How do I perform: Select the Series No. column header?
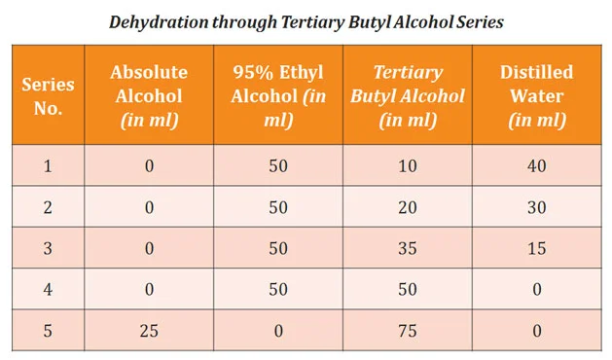(48, 95)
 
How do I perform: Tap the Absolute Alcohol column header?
(149, 95)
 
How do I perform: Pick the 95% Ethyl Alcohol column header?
(279, 95)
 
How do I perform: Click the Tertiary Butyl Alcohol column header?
(407, 95)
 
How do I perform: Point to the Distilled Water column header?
(536, 95)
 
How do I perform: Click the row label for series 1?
(48, 166)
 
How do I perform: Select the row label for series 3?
(48, 248)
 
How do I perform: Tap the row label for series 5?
(48, 331)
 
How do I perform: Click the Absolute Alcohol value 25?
(149, 331)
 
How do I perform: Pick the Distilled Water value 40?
(536, 166)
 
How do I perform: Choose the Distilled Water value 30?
(536, 207)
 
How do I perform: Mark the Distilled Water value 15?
(536, 248)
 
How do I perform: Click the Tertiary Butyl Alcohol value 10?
(407, 166)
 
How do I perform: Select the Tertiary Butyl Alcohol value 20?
(407, 207)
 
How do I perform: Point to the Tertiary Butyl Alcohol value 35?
(407, 248)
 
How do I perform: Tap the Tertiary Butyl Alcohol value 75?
(407, 331)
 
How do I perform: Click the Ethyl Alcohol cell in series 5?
(279, 331)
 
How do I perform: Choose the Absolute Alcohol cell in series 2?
(149, 207)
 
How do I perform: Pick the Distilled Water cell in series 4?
(536, 290)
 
